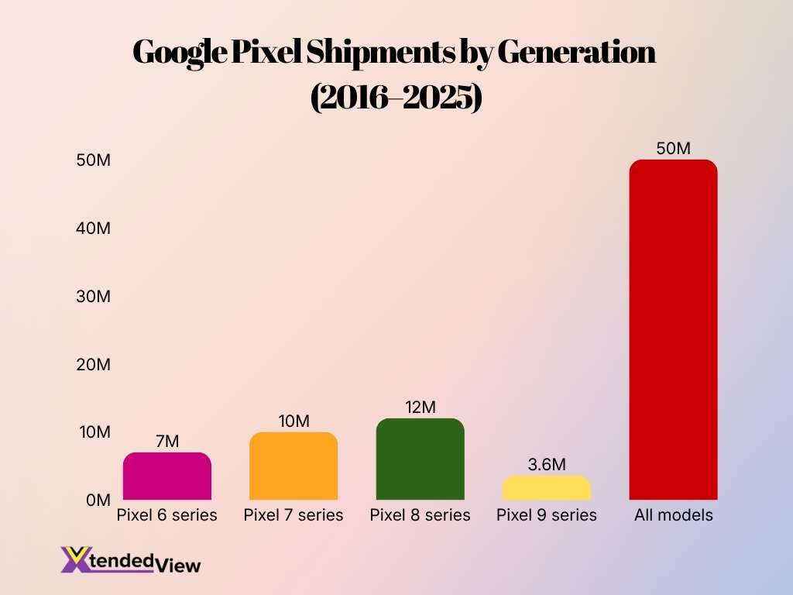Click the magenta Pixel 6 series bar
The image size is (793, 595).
(x=166, y=476)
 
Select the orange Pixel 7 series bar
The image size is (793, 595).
(x=294, y=466)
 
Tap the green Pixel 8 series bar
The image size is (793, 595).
(x=420, y=459)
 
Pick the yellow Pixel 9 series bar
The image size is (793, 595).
(x=547, y=488)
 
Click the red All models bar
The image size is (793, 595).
(x=673, y=330)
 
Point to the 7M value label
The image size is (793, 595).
(x=167, y=442)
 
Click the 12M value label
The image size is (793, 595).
(x=421, y=407)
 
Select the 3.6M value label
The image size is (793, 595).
(x=547, y=465)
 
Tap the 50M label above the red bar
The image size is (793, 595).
(x=673, y=149)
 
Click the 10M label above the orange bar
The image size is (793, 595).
(x=294, y=421)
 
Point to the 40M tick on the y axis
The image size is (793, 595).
(x=93, y=229)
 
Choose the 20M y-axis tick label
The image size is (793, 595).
(x=93, y=364)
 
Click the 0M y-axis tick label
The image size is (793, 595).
(x=98, y=500)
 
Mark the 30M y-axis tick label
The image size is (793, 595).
(x=93, y=296)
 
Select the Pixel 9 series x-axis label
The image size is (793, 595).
(x=547, y=515)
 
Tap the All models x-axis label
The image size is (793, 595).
(x=673, y=515)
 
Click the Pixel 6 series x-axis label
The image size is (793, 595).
(x=166, y=515)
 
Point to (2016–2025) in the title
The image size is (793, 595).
(x=396, y=98)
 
